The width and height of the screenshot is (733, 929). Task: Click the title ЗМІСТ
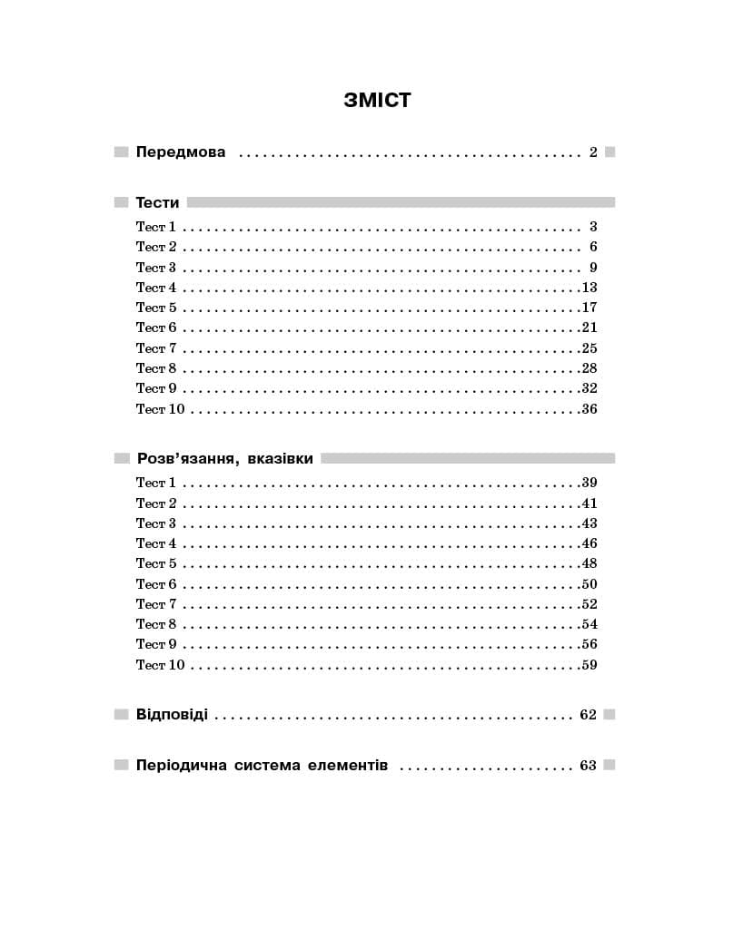click(x=377, y=100)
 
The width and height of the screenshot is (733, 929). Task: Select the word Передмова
click(x=181, y=152)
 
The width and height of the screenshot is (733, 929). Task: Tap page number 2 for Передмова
click(x=593, y=152)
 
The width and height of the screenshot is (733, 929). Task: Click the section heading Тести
click(x=157, y=203)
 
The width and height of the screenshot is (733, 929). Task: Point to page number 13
click(x=589, y=288)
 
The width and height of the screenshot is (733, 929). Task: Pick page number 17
click(x=589, y=308)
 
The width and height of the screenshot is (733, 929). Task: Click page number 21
click(x=589, y=328)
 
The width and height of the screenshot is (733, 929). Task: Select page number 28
click(x=589, y=368)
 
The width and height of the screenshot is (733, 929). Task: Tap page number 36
click(x=589, y=409)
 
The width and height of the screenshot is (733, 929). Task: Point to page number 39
click(x=589, y=483)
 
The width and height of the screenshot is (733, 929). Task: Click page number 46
click(x=589, y=543)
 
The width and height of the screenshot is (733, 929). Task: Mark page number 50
click(x=589, y=584)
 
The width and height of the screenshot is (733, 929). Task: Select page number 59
click(x=589, y=665)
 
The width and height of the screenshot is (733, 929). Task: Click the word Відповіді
click(x=172, y=715)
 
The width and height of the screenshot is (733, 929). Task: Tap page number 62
click(x=588, y=715)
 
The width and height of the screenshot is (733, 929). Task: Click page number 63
click(x=588, y=766)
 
